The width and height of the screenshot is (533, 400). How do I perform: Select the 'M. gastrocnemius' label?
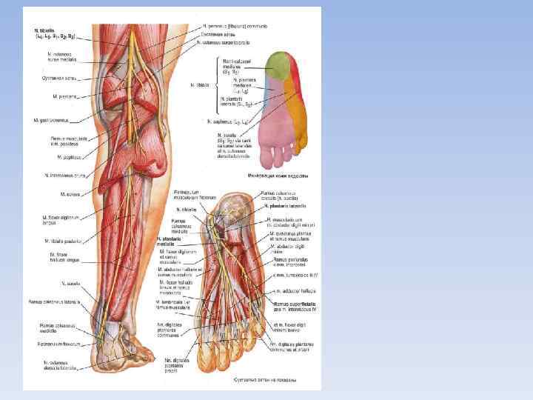coord(52,119)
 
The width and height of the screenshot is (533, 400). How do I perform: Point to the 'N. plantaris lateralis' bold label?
coord(285,206)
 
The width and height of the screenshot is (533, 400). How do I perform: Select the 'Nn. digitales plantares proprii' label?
coord(176,364)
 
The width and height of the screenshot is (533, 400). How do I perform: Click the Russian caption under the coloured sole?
coord(273,176)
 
